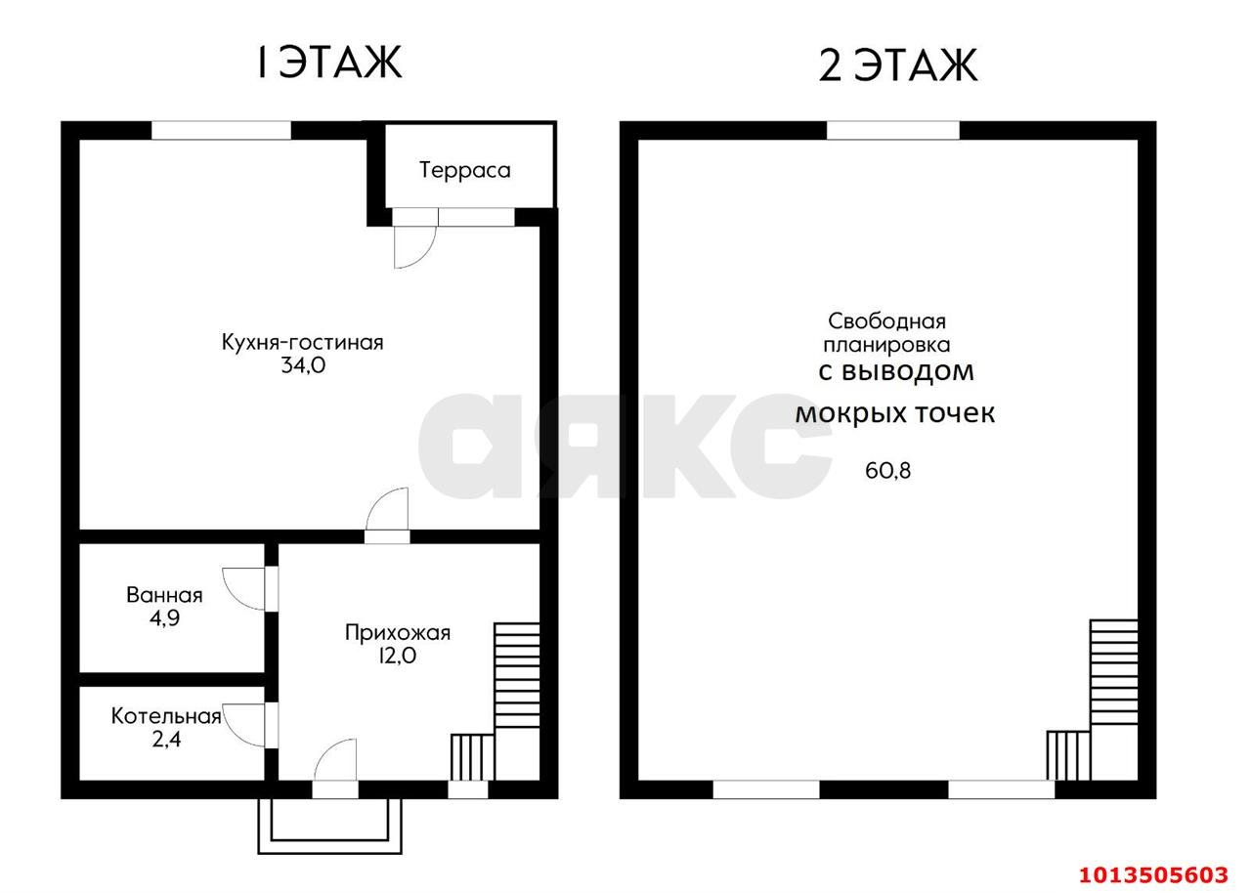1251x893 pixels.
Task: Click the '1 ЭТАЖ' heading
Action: click(329, 63)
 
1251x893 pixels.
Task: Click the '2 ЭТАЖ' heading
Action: click(898, 65)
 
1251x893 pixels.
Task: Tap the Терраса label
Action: click(464, 170)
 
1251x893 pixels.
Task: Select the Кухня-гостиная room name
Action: click(303, 342)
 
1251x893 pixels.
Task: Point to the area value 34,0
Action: click(303, 365)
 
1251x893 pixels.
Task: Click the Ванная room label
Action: click(164, 595)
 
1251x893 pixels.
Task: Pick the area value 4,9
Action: click(164, 618)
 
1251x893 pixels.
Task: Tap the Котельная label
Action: click(166, 716)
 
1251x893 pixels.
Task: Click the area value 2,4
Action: click(166, 740)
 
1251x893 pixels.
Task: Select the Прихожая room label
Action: click(397, 632)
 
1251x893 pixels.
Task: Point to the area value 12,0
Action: click(397, 656)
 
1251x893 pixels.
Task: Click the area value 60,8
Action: click(887, 471)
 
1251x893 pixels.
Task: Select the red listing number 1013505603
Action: click(1153, 874)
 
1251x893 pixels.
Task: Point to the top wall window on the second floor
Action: click(892, 130)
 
